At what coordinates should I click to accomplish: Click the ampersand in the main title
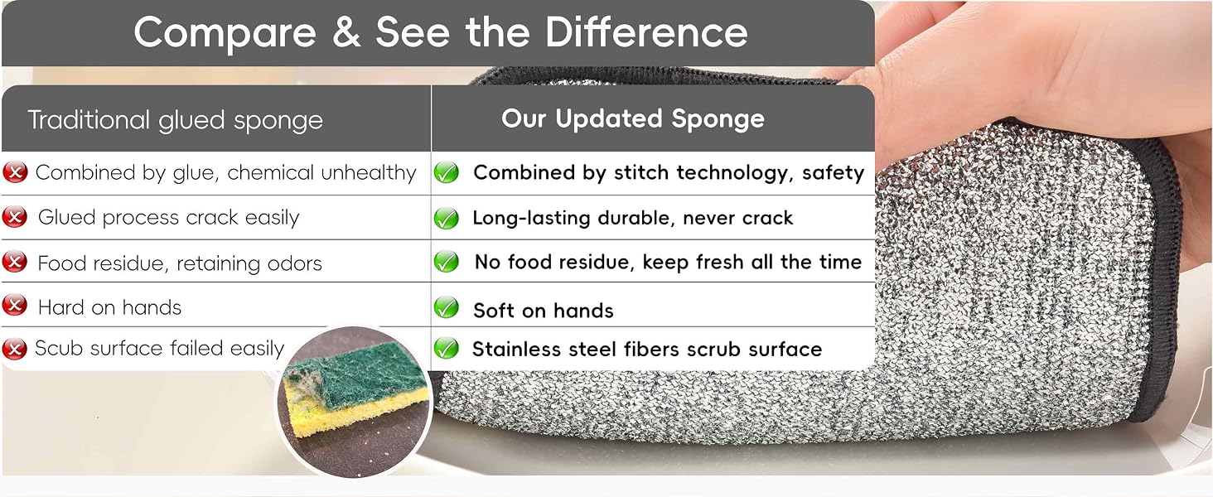point(346,32)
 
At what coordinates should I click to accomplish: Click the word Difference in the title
point(646,32)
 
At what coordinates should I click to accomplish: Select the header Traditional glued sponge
point(176,120)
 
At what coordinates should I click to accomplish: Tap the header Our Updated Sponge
point(632,118)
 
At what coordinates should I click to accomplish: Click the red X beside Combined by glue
point(15,172)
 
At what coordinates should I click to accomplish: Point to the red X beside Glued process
point(15,217)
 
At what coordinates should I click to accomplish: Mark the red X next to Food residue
point(15,262)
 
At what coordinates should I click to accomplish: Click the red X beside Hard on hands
point(15,306)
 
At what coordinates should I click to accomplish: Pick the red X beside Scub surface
point(15,349)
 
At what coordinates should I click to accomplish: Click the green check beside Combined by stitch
point(447,172)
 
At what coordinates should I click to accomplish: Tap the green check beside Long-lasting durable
point(447,218)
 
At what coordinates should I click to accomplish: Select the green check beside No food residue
point(447,262)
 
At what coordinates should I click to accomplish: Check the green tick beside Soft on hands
point(447,307)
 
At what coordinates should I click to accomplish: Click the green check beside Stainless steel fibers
point(447,348)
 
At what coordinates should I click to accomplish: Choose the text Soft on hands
point(544,311)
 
